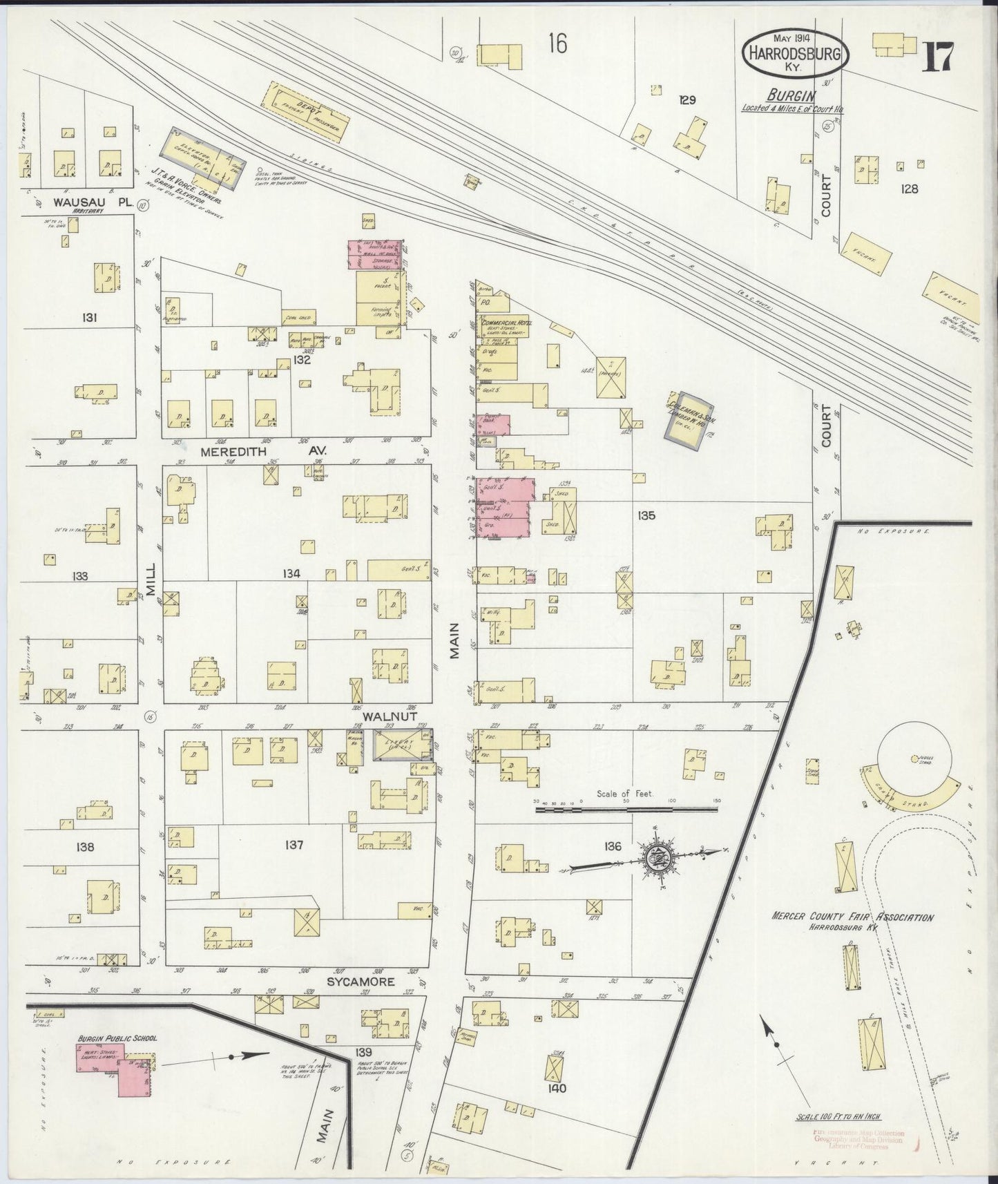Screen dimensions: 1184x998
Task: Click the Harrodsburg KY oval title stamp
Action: (x=795, y=53)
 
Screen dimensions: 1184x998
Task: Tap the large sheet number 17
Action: (x=938, y=57)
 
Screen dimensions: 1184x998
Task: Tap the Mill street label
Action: (x=152, y=579)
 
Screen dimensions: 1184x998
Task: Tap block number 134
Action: (x=291, y=574)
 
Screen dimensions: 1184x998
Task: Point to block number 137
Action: (x=294, y=845)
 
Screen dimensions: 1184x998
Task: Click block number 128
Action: (x=910, y=188)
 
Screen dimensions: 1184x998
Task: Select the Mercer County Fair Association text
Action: (x=852, y=918)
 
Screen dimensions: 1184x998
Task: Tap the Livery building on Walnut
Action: (x=402, y=746)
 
